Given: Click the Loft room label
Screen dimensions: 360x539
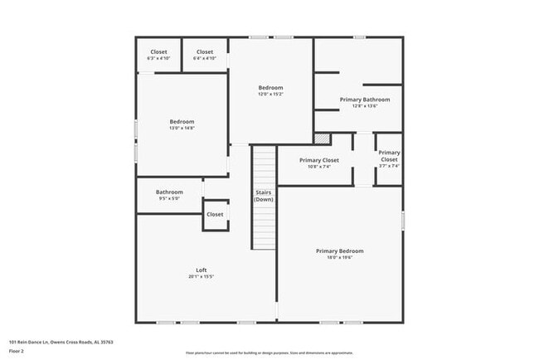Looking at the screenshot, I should click(201, 270).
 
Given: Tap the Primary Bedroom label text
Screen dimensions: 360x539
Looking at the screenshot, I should click(339, 251).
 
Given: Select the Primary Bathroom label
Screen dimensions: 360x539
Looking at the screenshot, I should click(364, 100).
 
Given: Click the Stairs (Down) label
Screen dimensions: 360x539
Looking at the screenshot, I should click(264, 196).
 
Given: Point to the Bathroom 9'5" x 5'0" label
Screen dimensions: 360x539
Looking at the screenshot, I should click(169, 192).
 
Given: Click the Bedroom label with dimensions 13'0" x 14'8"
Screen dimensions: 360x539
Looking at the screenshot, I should click(182, 122).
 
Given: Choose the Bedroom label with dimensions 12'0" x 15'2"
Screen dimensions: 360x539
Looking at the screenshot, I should click(270, 88).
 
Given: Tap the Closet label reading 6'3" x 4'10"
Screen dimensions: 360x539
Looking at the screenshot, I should click(158, 52).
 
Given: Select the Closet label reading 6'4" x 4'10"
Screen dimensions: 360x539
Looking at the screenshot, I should click(205, 52).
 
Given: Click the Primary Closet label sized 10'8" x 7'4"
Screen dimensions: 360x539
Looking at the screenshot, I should click(319, 160).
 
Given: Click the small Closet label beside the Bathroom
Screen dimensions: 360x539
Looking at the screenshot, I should click(215, 214).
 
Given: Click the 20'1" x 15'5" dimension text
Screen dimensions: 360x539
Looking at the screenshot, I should click(201, 277).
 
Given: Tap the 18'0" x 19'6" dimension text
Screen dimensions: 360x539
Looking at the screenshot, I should click(339, 257).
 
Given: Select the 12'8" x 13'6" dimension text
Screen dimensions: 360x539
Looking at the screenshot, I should click(364, 106).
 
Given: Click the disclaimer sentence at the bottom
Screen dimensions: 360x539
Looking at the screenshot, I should click(269, 353).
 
